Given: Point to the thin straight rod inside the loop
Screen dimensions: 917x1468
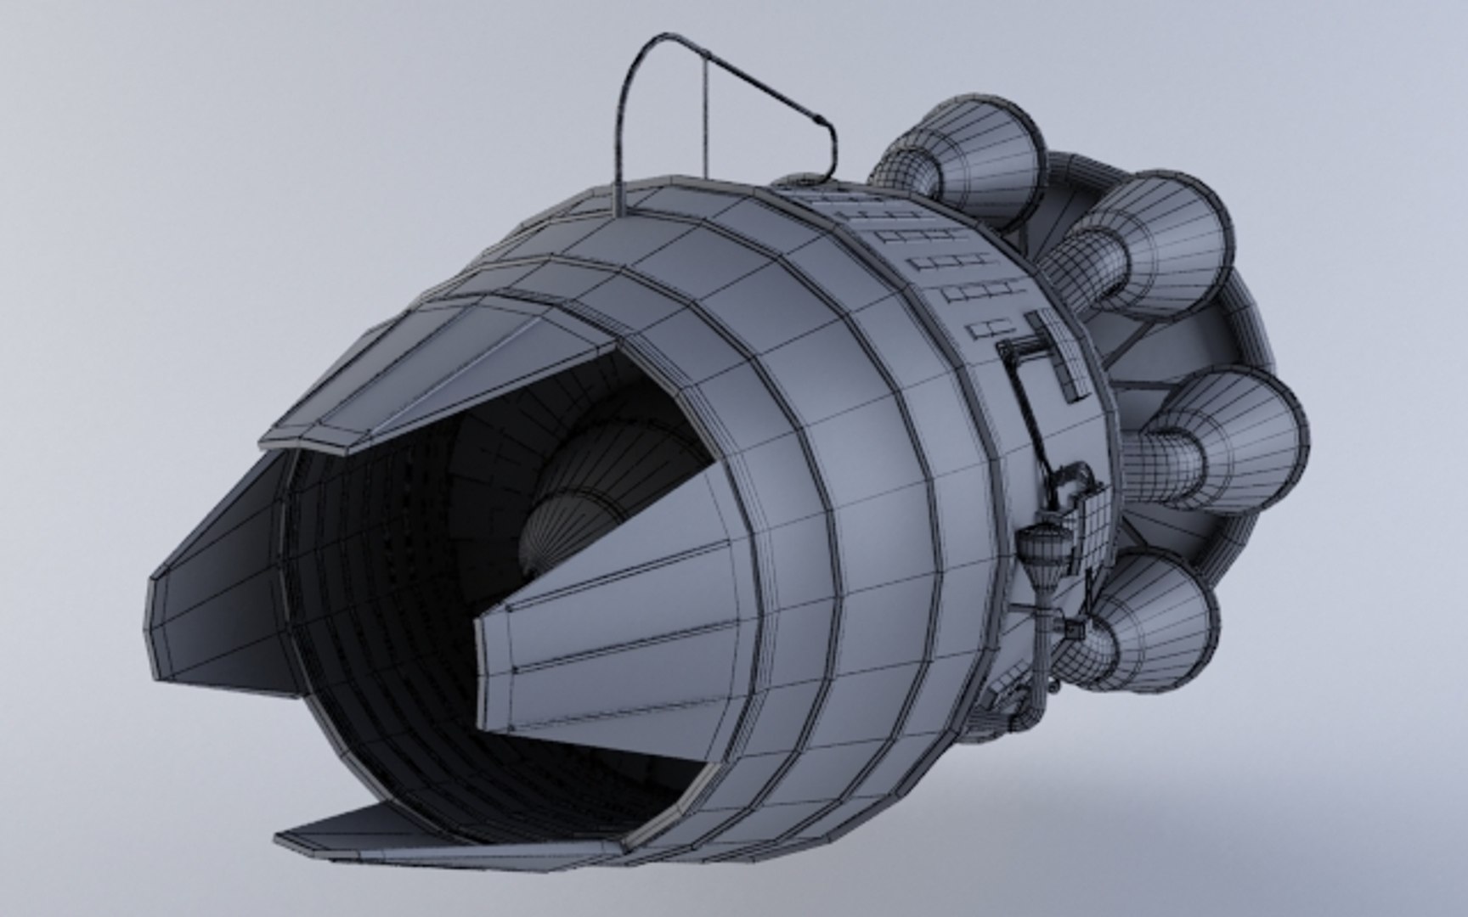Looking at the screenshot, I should point(704,119).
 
